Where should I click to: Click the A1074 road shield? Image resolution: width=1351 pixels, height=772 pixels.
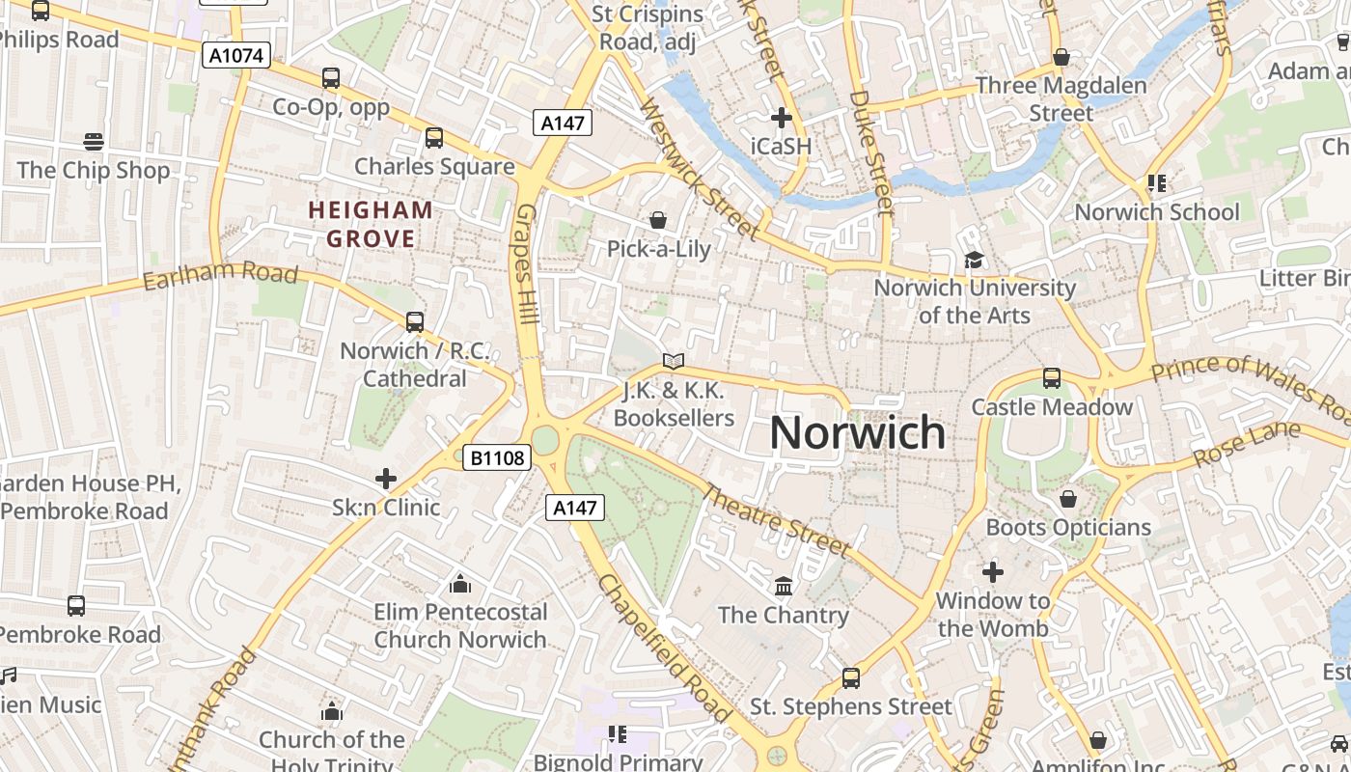[237, 55]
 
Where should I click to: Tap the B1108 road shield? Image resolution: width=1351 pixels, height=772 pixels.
[498, 457]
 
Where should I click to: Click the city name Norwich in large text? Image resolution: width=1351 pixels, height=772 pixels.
[857, 432]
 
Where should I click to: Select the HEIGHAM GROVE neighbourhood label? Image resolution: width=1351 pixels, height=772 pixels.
[371, 224]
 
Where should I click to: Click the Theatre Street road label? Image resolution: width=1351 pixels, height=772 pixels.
[775, 520]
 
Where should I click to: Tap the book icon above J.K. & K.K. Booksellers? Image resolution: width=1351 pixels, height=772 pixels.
[674, 362]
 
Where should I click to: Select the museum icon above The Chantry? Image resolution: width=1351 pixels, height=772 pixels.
[784, 586]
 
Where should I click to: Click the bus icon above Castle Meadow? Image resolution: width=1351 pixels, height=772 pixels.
[1052, 378]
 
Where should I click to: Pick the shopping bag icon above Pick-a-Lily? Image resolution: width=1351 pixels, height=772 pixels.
[658, 220]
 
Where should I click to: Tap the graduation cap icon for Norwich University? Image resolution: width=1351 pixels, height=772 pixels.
[974, 261]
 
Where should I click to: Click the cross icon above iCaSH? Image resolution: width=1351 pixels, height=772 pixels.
[782, 118]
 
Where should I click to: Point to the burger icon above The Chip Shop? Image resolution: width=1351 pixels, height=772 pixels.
[94, 142]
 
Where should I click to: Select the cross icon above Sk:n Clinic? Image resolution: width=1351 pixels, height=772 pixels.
[386, 478]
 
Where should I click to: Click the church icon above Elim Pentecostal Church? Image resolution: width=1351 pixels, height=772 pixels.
[460, 584]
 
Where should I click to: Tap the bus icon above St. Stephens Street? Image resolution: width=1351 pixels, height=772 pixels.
[851, 678]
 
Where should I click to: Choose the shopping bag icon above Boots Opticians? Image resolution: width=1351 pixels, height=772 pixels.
[1068, 499]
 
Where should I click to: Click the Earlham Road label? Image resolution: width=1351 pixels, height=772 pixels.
[220, 275]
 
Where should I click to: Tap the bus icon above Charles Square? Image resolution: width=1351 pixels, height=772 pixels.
[434, 138]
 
